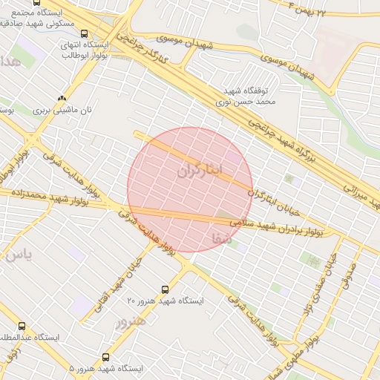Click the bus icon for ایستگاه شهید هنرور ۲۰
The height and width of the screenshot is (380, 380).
click(x=165, y=289)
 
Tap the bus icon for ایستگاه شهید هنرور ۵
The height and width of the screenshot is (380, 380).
click(x=105, y=357)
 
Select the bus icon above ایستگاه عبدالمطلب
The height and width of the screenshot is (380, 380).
click(x=21, y=326)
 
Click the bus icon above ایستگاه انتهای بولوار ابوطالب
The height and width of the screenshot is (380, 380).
click(x=84, y=33)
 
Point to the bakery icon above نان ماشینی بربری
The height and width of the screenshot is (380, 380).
click(x=62, y=98)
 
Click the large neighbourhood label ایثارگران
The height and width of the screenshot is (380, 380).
click(x=200, y=170)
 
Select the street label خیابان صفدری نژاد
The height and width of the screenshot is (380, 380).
click(x=315, y=284)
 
